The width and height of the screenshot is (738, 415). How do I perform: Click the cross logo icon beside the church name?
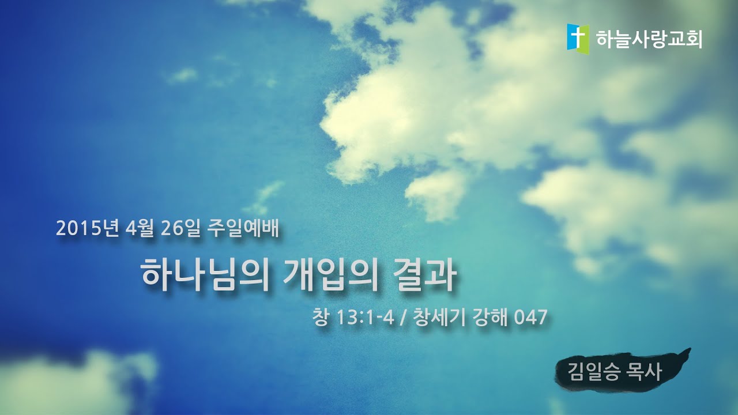click(x=578, y=39)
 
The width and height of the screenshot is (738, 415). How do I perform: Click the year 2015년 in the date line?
click(x=87, y=229)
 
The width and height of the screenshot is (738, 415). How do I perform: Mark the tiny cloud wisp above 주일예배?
click(x=265, y=196)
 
